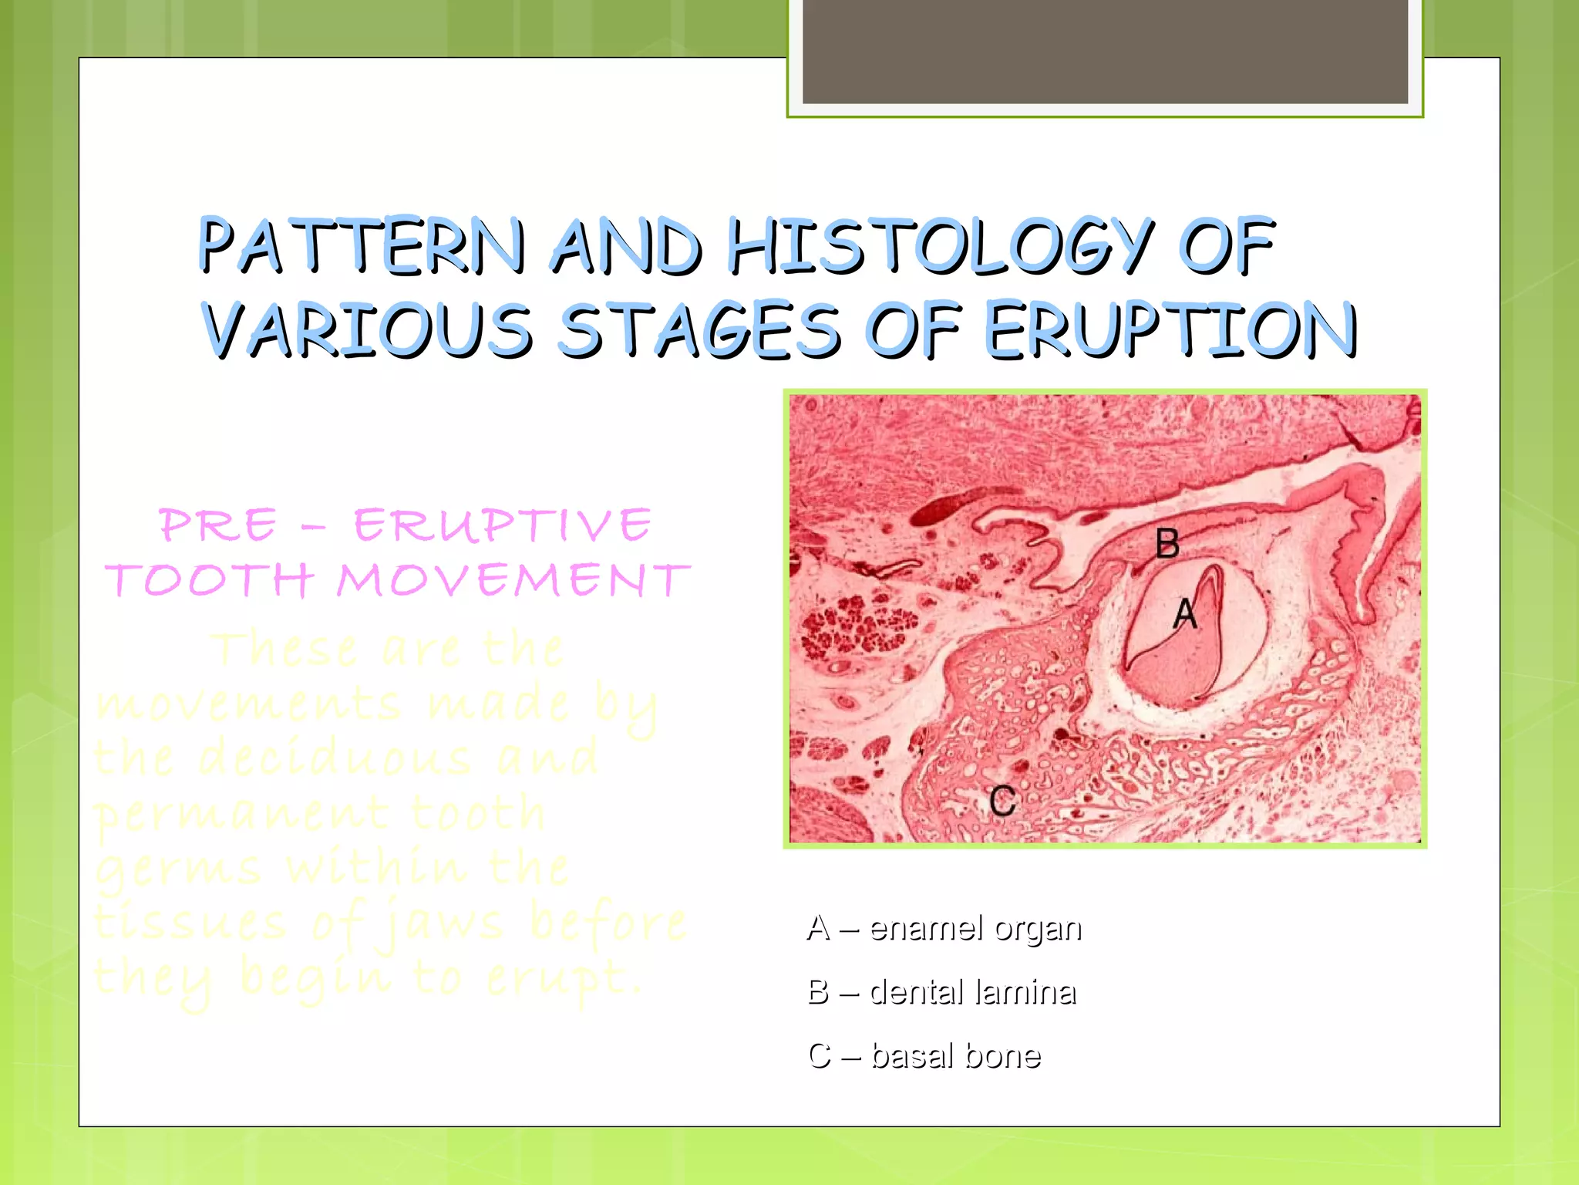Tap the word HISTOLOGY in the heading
coord(941,247)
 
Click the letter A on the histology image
coord(1185,615)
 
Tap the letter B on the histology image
coord(1167,544)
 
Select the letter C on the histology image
coord(1003,801)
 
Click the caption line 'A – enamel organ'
coord(944,928)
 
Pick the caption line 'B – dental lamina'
coord(941,992)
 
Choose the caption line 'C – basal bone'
coord(924,1056)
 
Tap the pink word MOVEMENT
coord(513,580)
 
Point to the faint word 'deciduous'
coord(335,758)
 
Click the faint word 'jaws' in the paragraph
coord(446,924)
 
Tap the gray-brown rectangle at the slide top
coord(1105,51)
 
